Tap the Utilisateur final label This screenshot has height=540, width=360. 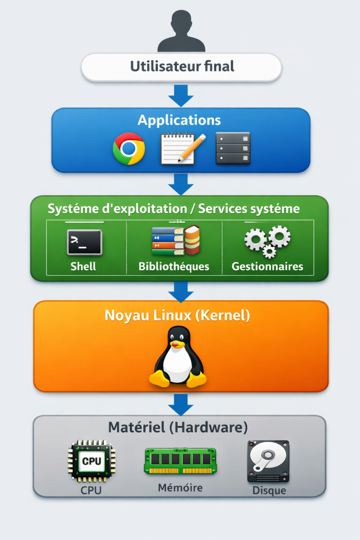click(182, 67)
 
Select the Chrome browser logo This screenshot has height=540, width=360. click(129, 148)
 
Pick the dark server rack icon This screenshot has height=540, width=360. click(232, 148)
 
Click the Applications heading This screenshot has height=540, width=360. click(179, 120)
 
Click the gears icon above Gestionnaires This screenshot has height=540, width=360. click(268, 241)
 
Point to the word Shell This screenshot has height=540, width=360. click(83, 266)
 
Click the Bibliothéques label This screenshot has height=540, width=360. click(174, 266)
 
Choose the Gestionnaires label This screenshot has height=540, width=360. click(267, 266)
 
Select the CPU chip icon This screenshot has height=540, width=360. click(91, 461)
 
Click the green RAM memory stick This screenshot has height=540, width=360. click(180, 461)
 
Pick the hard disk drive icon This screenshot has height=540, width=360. click(268, 461)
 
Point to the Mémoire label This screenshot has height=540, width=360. click(180, 488)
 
